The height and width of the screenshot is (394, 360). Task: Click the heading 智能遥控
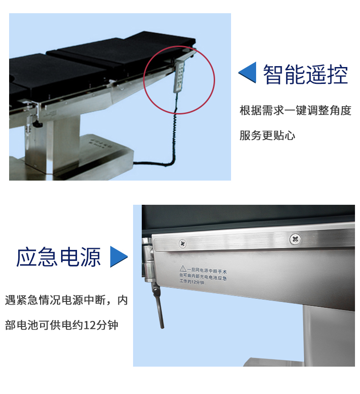305,74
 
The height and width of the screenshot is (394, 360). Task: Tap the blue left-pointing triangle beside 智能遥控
247,73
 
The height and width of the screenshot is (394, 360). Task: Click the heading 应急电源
58,257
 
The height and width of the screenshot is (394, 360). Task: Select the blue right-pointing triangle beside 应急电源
119,257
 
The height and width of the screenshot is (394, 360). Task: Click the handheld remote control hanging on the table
179,77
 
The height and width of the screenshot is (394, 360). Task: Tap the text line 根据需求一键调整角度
295,110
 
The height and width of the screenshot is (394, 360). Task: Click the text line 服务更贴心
267,135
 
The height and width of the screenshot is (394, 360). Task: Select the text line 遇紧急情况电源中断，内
66,300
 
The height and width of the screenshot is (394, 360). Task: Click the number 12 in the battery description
89,325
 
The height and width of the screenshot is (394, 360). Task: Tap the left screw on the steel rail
183,244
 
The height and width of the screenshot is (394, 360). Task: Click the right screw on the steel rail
295,238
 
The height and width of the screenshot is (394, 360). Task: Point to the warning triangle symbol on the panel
183,268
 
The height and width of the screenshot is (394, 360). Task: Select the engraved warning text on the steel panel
203,275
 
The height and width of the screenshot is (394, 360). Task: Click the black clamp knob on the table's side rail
37,124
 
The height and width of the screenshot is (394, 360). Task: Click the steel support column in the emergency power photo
329,336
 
